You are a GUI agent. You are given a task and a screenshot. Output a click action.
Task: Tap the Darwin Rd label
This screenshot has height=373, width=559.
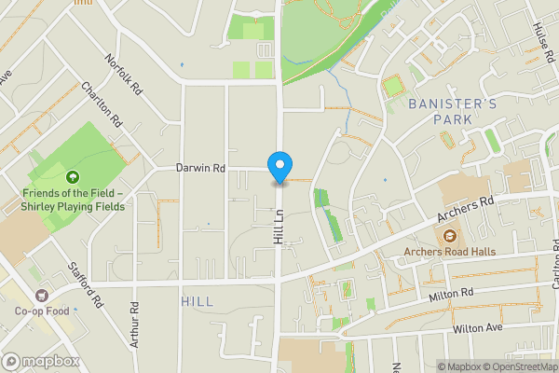201,169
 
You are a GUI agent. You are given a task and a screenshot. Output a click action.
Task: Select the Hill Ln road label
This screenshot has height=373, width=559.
278,227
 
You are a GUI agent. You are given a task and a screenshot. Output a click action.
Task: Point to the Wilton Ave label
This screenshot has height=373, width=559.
477,328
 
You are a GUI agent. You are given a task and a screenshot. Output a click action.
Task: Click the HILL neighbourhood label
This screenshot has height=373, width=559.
198,301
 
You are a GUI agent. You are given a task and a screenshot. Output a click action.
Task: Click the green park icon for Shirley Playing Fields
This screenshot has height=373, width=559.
72,177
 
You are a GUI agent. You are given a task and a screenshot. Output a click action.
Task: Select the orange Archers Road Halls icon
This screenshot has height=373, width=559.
450,236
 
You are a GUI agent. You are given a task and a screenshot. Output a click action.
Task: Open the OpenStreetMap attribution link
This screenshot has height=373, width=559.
519,366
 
